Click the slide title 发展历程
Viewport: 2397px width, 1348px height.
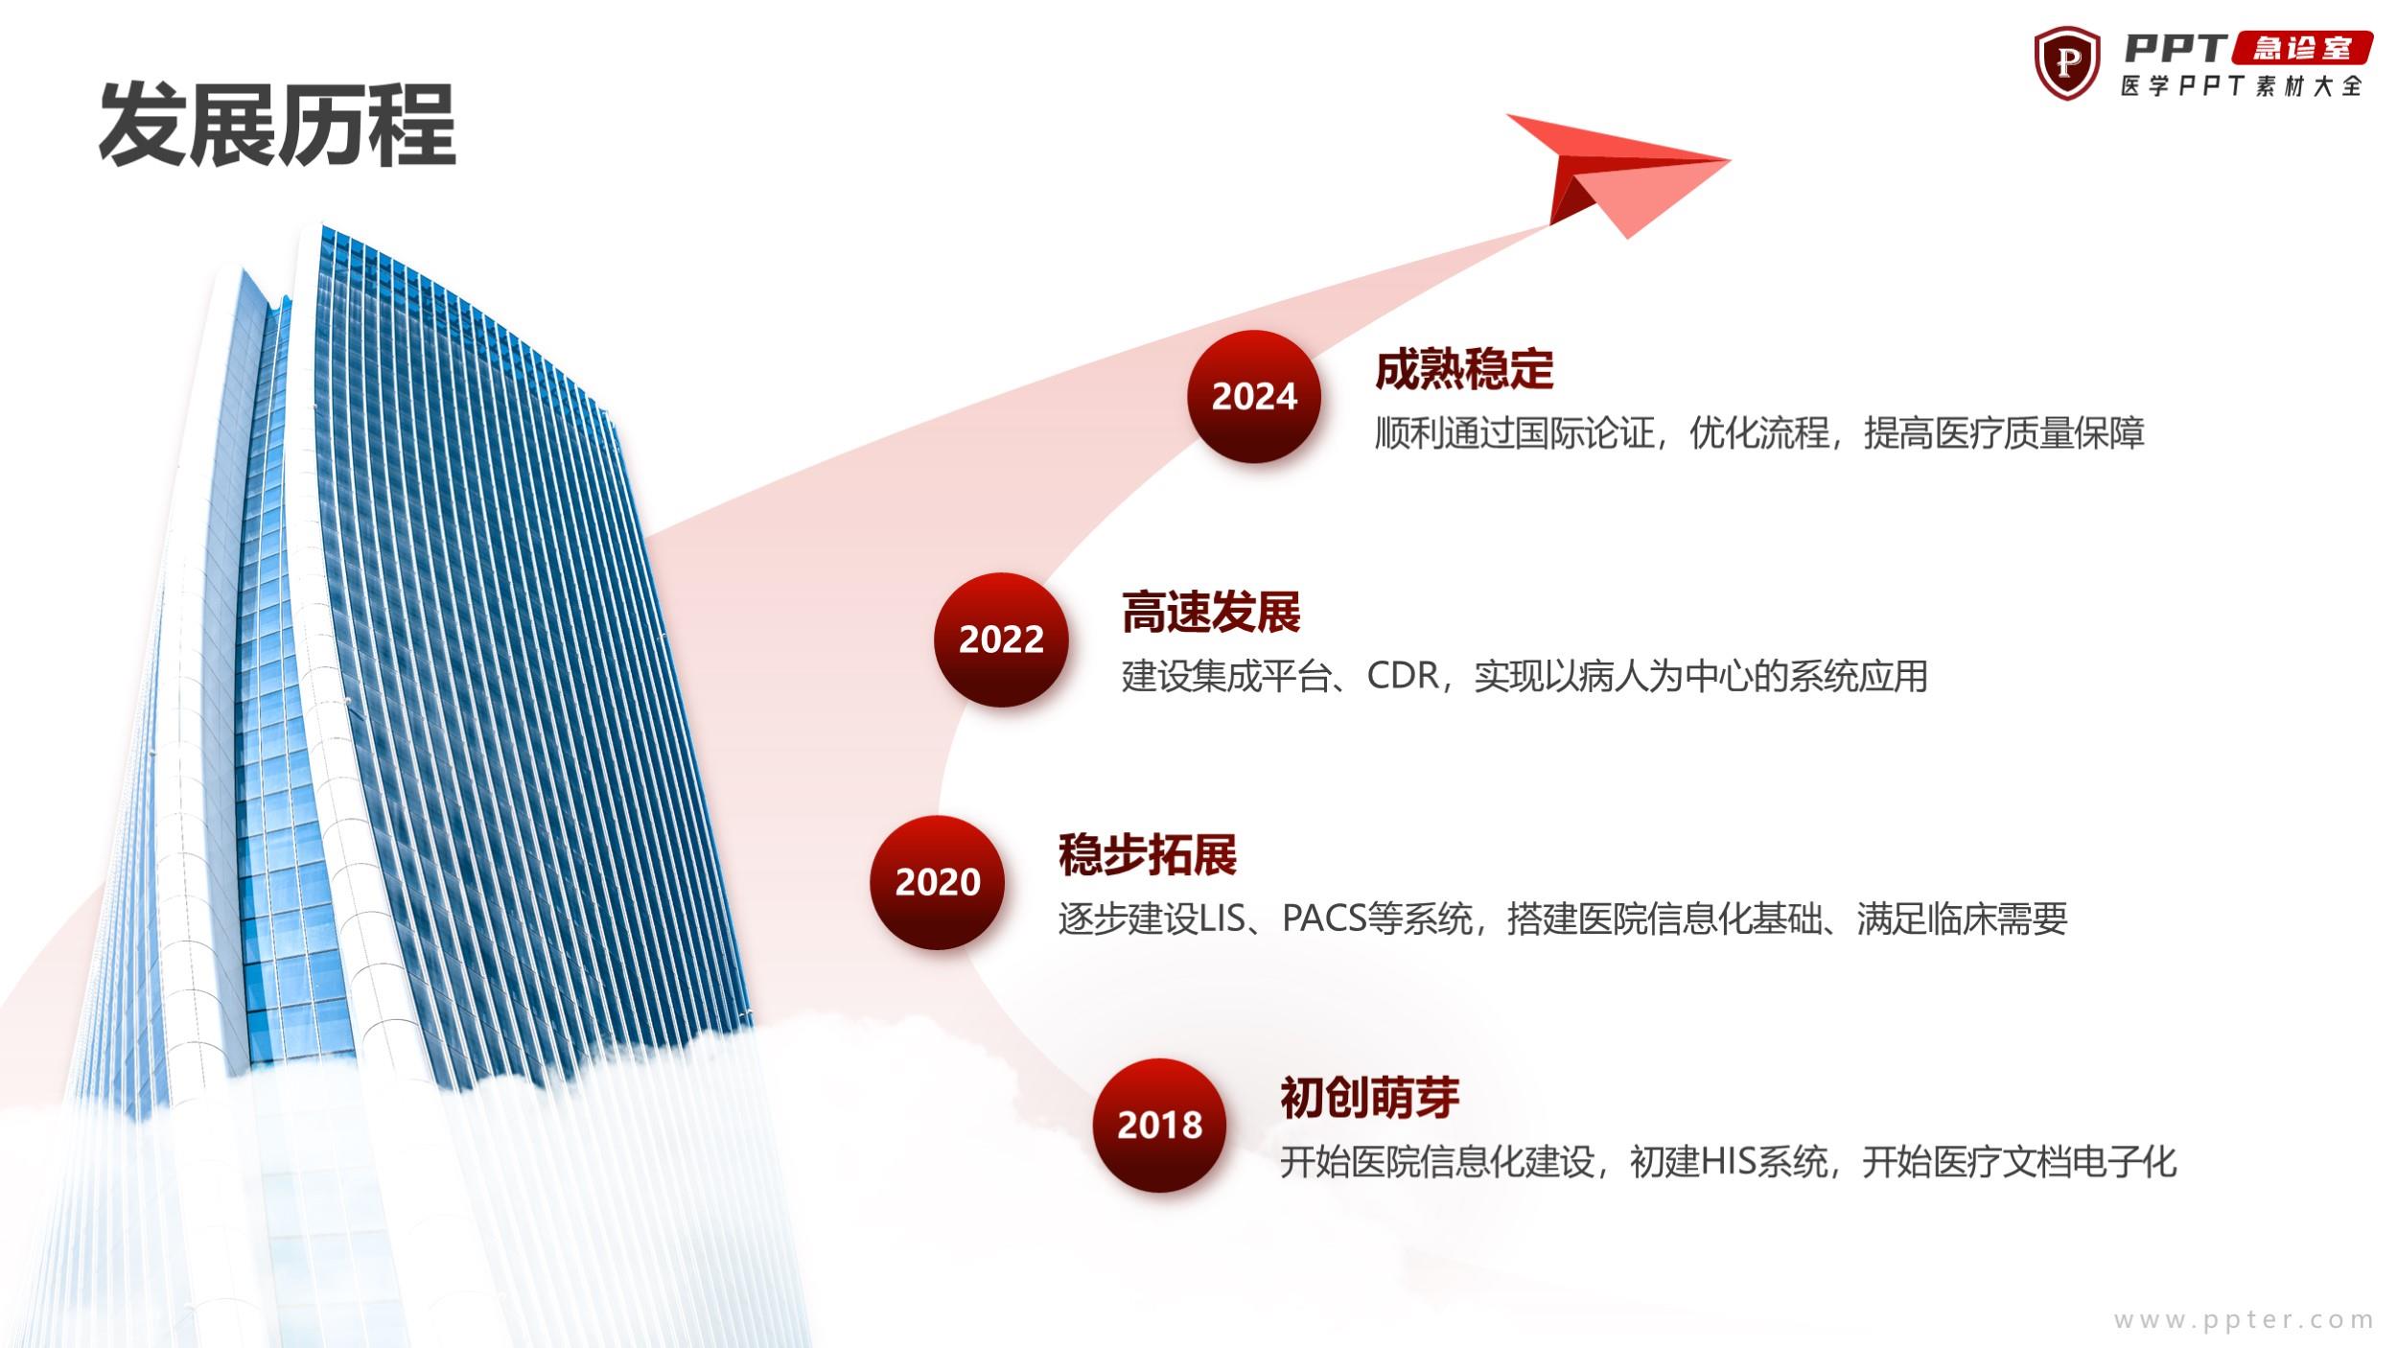(277, 126)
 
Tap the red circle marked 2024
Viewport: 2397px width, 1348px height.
(1254, 397)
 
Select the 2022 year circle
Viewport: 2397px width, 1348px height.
(1001, 639)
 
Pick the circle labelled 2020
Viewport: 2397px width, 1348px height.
(938, 882)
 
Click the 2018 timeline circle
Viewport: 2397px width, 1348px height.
(1160, 1125)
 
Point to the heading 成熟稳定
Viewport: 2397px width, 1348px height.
(1464, 369)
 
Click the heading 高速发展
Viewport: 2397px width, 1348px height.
(1211, 612)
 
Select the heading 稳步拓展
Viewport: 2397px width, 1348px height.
(1148, 854)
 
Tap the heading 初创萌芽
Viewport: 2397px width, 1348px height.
(1370, 1097)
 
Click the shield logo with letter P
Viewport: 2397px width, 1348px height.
(2067, 63)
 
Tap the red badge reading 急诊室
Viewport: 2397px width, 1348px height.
(2303, 48)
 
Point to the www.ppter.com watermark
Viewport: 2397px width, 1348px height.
(2244, 1320)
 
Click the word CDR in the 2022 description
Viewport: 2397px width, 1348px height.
(1403, 676)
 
